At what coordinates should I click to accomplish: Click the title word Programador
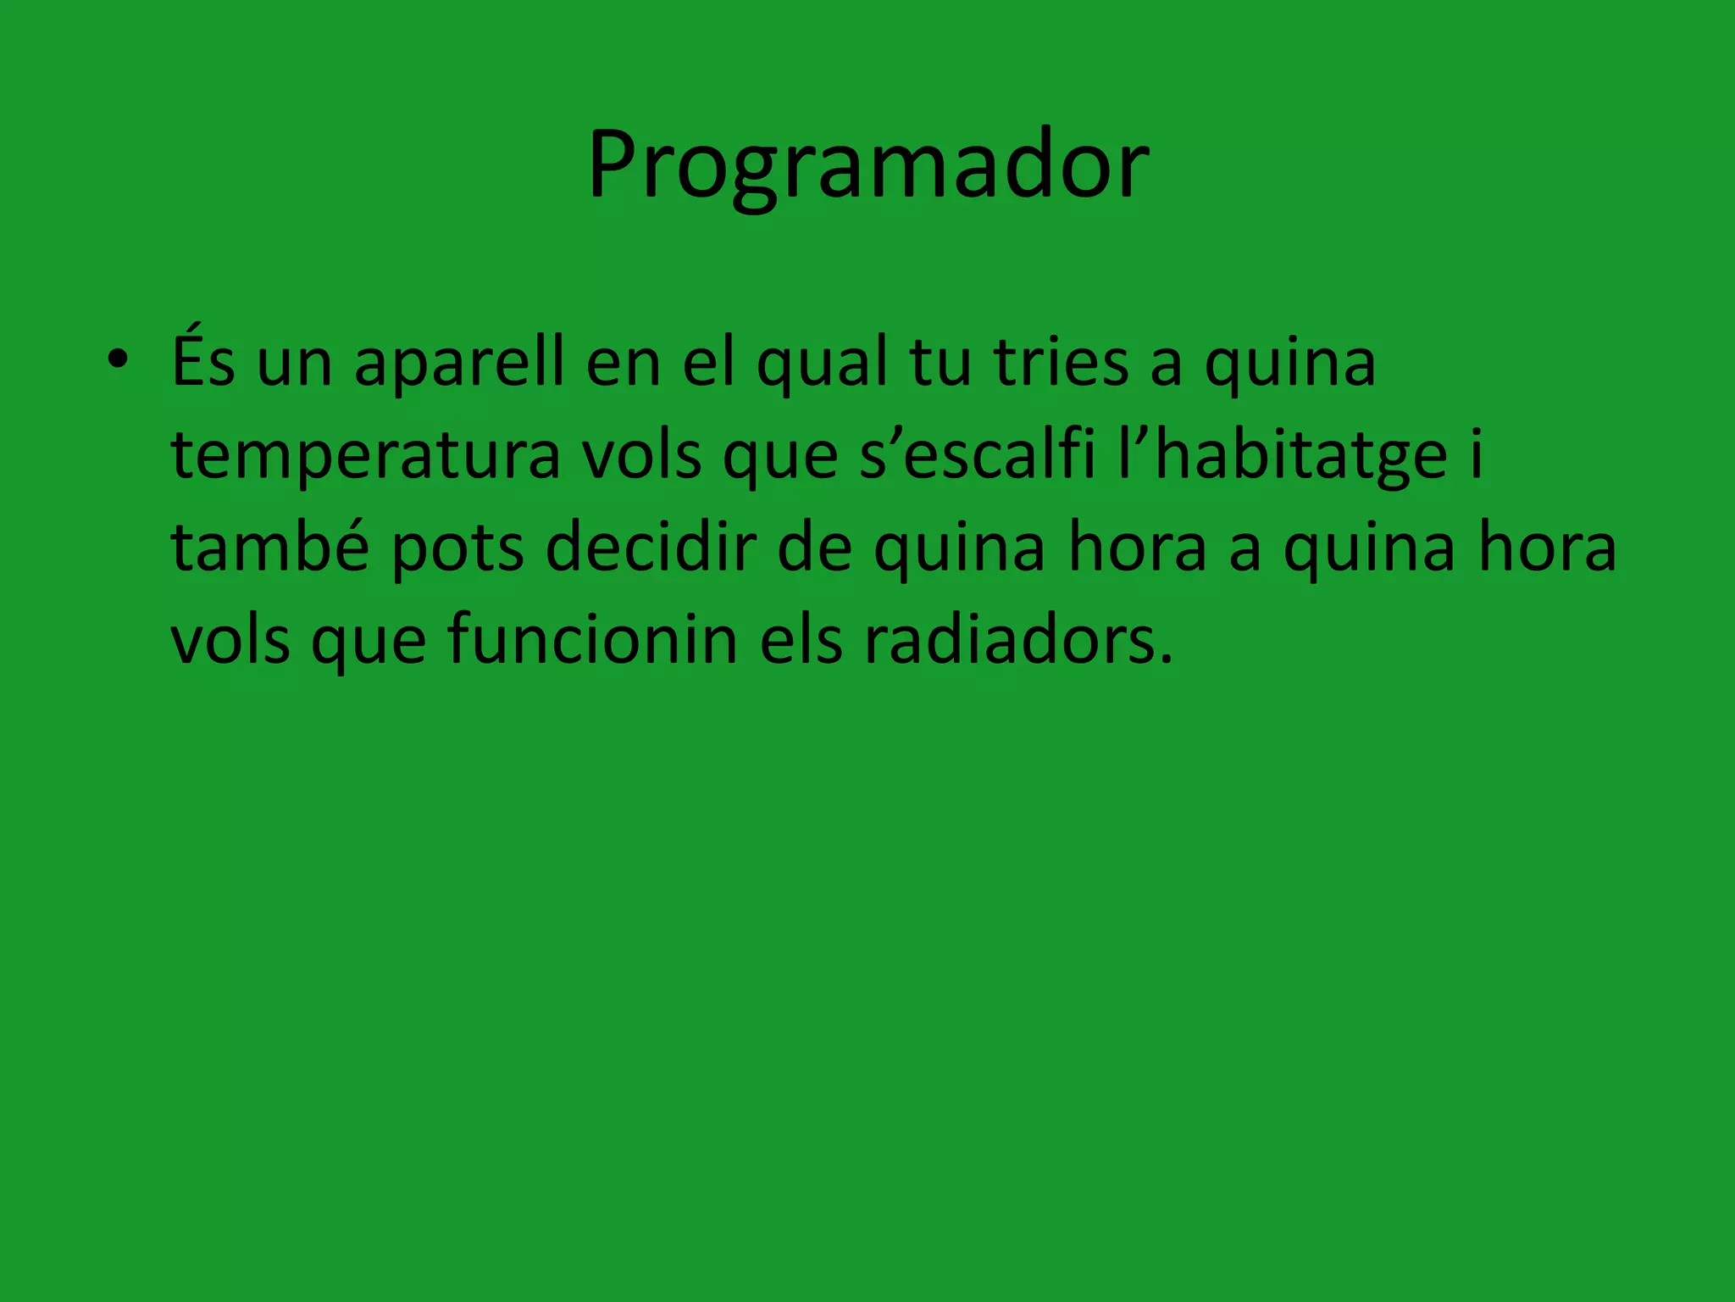868,165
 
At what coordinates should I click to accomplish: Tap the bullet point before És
118,361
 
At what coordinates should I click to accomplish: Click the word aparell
458,364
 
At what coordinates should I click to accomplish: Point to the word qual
822,364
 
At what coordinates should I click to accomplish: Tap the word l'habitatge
1283,456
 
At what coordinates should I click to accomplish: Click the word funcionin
592,640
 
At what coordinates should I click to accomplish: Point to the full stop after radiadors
1167,658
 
